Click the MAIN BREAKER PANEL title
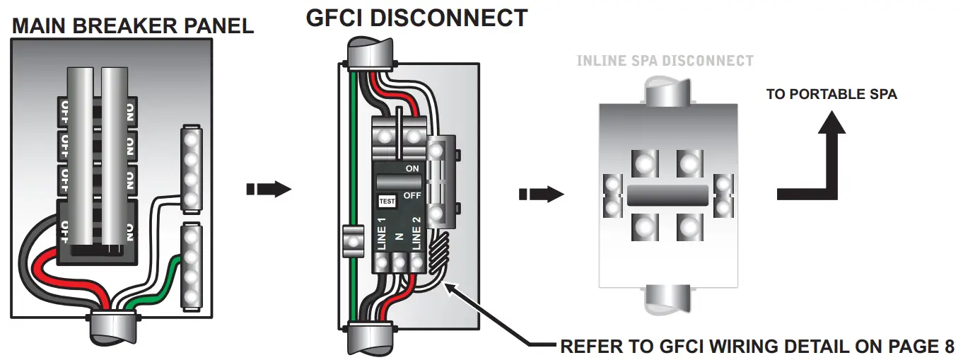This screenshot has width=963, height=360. [x=133, y=26]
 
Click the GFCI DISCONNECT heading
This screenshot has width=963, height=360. [x=416, y=17]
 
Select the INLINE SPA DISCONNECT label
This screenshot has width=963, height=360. [x=665, y=61]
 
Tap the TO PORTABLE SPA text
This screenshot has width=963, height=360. [x=831, y=94]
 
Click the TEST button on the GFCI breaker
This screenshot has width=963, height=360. [x=387, y=201]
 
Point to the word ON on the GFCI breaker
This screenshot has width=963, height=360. [x=412, y=169]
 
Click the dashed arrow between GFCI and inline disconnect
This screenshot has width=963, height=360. [x=541, y=194]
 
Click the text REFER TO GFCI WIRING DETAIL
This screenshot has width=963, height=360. [x=714, y=347]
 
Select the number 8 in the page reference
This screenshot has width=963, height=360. [x=948, y=347]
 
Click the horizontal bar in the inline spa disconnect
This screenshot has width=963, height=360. [x=667, y=194]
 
